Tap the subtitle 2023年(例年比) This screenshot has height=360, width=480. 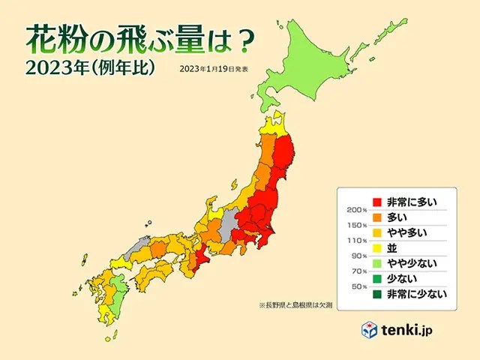90,68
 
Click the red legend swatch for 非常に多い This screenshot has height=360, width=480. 378,202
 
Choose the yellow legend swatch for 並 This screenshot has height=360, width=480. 378,247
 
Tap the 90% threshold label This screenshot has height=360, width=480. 359,256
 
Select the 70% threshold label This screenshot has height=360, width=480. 359,271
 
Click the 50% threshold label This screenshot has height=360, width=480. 359,286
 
